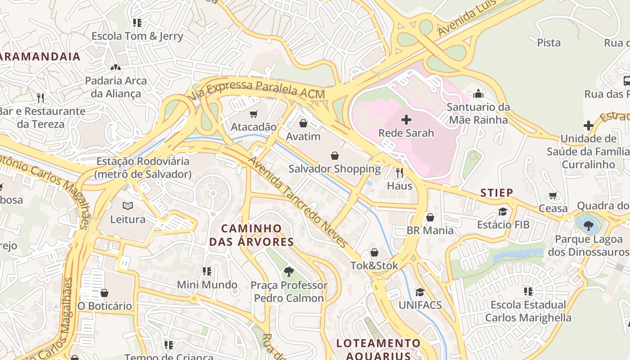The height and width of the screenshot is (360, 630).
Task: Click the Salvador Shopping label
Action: [x=334, y=169]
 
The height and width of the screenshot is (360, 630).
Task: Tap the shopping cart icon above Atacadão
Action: [x=254, y=114]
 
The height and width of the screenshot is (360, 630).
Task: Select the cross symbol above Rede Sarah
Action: [x=406, y=120]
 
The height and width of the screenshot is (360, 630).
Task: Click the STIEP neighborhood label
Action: [x=497, y=193]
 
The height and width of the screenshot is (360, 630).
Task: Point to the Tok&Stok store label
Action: [x=374, y=265]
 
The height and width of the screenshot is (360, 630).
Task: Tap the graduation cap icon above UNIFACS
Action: [x=420, y=292]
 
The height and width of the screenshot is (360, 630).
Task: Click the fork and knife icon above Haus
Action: [x=399, y=172]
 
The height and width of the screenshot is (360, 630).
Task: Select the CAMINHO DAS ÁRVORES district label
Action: [x=252, y=235]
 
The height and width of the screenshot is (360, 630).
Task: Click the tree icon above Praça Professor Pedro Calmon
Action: [x=288, y=271]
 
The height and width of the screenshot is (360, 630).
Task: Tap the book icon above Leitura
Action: [x=128, y=206]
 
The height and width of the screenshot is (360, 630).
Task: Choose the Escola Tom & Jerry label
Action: [x=137, y=36]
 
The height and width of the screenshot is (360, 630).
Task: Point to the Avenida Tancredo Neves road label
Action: [x=297, y=202]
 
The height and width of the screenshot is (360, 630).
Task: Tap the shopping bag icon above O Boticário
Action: [x=104, y=293]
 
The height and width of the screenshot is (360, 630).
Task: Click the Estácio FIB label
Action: [x=503, y=225]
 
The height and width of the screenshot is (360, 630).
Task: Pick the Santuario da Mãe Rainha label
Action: [x=478, y=113]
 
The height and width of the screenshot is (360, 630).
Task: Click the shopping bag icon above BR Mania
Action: [x=430, y=217]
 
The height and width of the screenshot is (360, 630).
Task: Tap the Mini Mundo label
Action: [x=207, y=285]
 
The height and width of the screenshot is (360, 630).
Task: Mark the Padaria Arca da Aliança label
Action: [x=116, y=87]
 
